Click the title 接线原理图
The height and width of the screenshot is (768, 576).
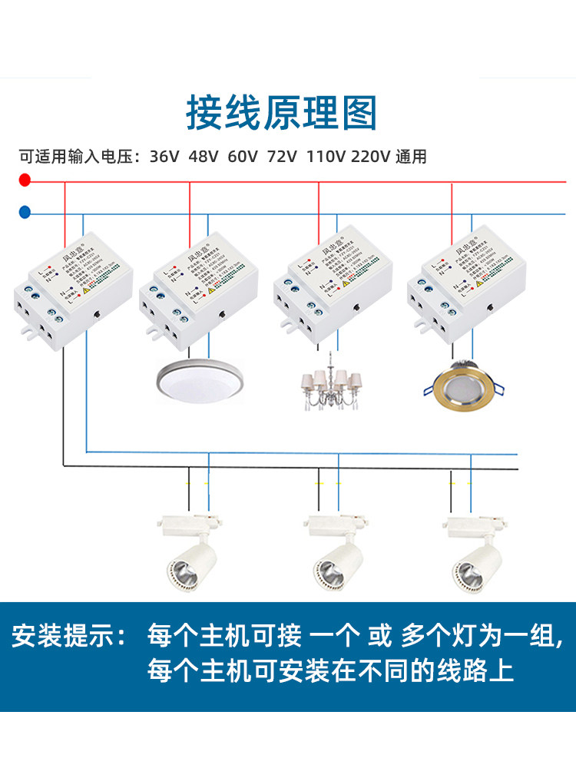pyautogui.click(x=282, y=114)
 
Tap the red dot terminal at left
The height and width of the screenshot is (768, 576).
pyautogui.click(x=25, y=180)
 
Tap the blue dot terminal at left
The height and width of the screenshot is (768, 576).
pyautogui.click(x=25, y=211)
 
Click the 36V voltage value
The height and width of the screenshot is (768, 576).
pyautogui.click(x=164, y=157)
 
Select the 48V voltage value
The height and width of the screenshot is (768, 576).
pyautogui.click(x=204, y=157)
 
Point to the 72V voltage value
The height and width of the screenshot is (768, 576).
pyautogui.click(x=282, y=157)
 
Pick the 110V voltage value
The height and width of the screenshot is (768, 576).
pyautogui.click(x=326, y=157)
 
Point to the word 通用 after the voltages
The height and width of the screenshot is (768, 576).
pyautogui.click(x=411, y=157)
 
